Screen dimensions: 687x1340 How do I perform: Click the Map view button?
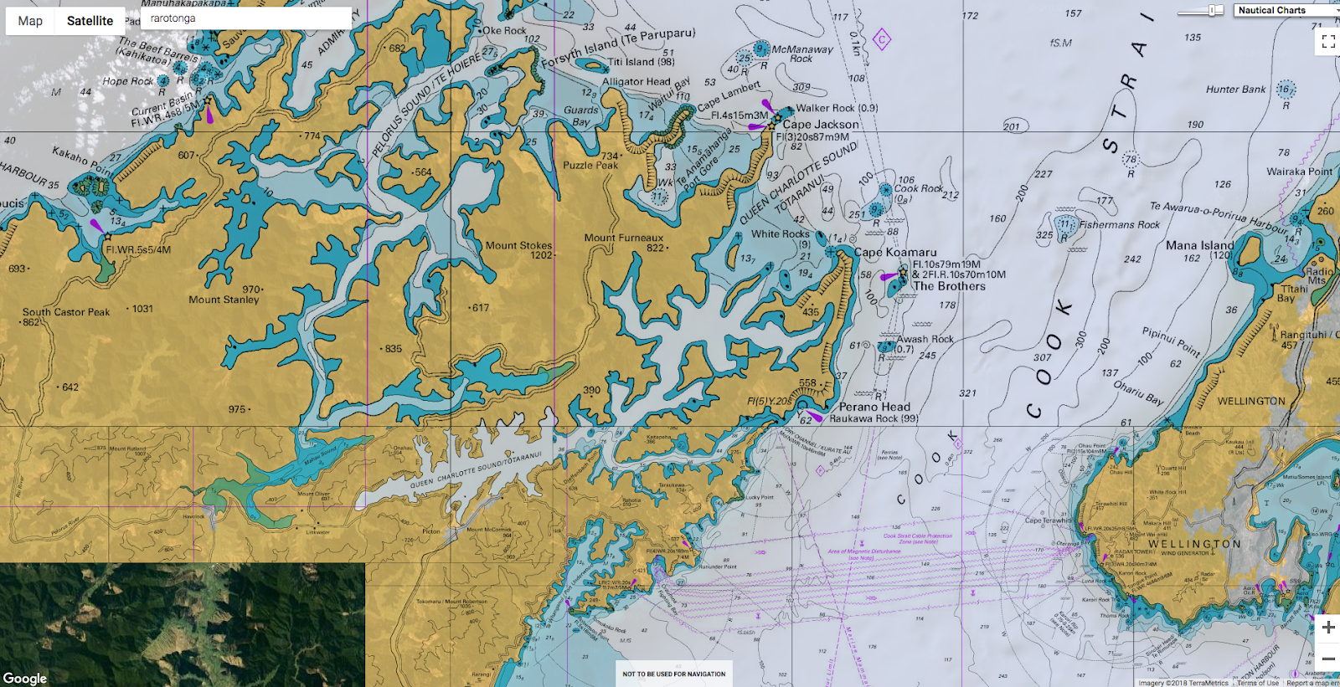point(30,21)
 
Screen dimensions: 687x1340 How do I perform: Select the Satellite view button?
point(90,21)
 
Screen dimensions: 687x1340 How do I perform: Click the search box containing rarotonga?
point(246,18)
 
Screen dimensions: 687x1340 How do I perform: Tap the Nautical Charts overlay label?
point(1271,10)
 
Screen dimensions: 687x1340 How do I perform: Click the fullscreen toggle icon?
point(1328,42)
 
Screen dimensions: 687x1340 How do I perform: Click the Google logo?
point(25,679)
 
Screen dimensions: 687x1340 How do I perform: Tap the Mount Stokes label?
point(518,245)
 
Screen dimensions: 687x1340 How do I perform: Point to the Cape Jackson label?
point(821,125)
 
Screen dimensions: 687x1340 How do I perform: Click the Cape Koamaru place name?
point(895,252)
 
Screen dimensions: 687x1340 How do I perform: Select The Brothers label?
point(949,286)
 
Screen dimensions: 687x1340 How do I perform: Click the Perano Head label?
point(874,407)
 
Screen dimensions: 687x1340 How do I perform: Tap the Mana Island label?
point(1199,245)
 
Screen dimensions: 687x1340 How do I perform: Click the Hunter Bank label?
point(1235,90)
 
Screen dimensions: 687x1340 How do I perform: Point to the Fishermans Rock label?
point(1119,225)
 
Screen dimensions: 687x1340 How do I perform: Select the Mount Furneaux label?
point(623,238)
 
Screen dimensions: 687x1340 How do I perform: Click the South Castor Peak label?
point(66,312)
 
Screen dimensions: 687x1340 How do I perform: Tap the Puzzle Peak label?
point(590,166)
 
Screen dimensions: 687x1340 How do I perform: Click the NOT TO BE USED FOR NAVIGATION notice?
point(674,674)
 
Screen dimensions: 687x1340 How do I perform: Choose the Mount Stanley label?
point(224,300)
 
